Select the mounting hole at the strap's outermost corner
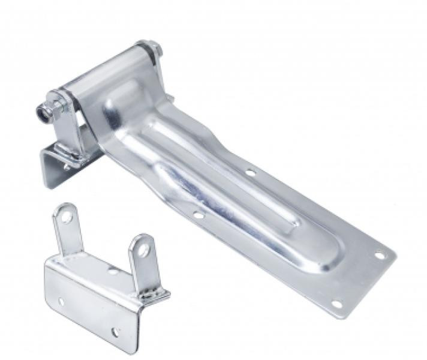(x=380, y=255)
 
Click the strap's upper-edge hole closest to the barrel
(x=250, y=172)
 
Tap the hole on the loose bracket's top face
(x=112, y=272)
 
